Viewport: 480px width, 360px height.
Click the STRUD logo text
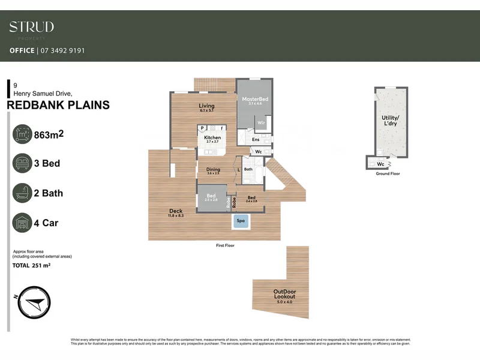(x=31, y=27)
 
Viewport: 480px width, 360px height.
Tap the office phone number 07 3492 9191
(x=61, y=51)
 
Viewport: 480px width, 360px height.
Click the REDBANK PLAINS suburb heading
(x=58, y=106)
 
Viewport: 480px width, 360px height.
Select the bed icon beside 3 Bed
(x=22, y=163)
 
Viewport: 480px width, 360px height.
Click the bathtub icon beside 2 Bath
(x=22, y=193)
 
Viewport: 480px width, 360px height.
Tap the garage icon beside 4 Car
(x=22, y=223)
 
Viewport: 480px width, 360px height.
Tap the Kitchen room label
(x=212, y=138)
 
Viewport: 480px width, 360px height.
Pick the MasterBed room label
(x=254, y=99)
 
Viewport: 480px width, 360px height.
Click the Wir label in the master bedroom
(x=261, y=123)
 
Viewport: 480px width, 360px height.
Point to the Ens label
(x=256, y=140)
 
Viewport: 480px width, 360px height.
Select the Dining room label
(x=213, y=170)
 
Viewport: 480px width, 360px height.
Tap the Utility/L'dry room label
(x=389, y=121)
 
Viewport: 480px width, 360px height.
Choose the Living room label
(x=206, y=107)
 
